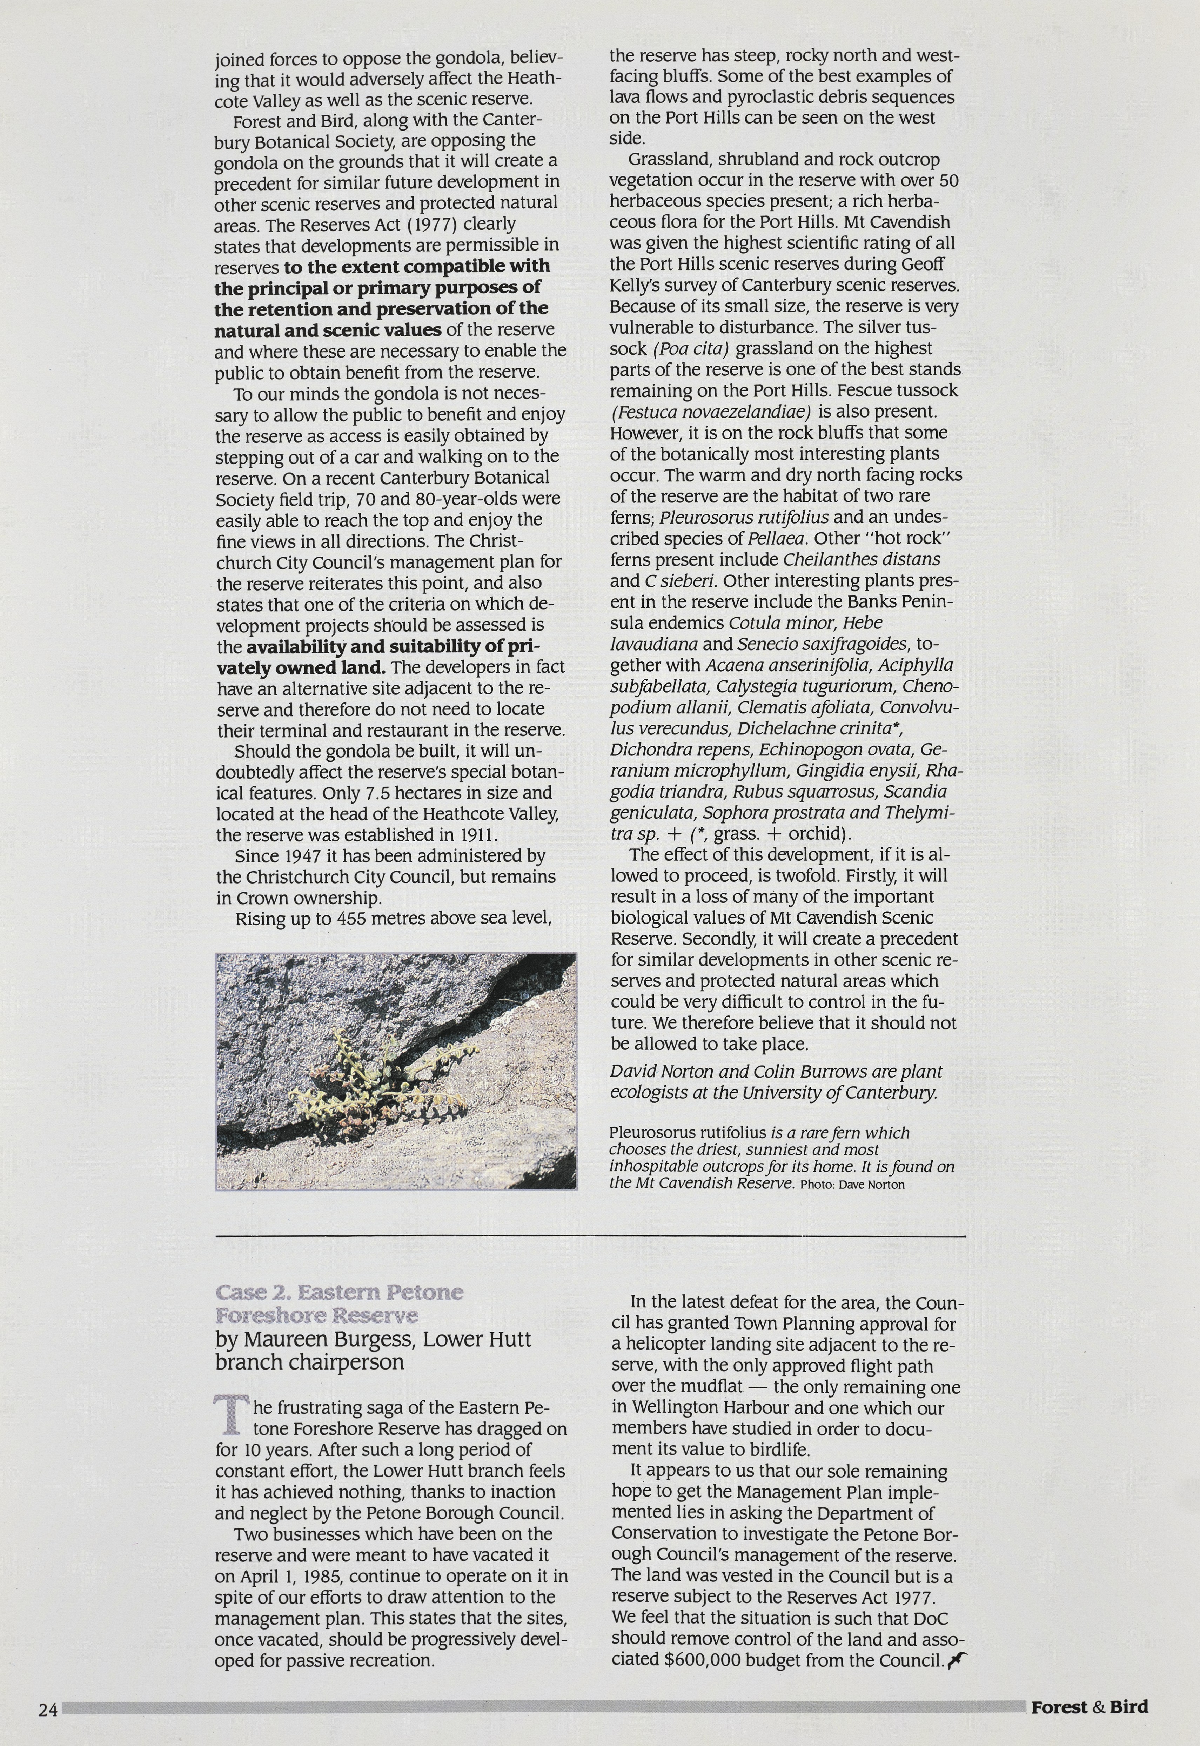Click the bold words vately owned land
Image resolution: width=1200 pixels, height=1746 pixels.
(x=301, y=668)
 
